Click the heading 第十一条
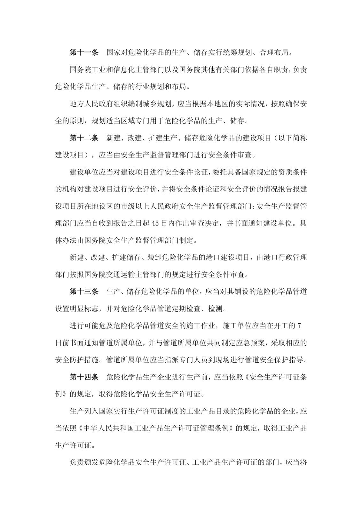(x=84, y=52)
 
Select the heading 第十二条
(x=84, y=138)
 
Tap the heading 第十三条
(x=84, y=292)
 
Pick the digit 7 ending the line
(x=299, y=326)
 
